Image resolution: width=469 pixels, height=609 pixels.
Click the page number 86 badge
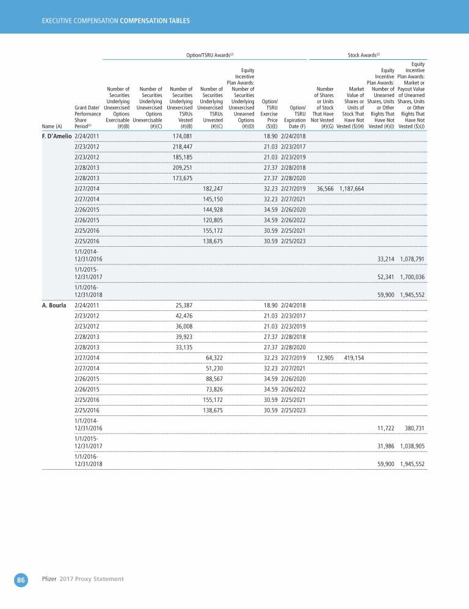[x=21, y=580]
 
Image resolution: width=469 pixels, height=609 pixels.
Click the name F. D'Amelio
[x=57, y=135]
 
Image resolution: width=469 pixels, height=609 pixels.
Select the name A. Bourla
[x=54, y=305]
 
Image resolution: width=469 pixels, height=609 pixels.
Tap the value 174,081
[x=183, y=135]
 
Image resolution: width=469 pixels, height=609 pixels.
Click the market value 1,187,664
[x=352, y=189]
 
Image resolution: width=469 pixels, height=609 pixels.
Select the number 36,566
[x=322, y=189]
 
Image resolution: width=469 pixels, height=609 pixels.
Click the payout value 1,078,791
[x=412, y=259]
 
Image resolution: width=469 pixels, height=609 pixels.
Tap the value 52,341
[x=384, y=276]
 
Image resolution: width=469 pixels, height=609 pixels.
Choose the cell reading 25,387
[x=184, y=305]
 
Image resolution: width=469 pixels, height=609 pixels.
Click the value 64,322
[x=214, y=357]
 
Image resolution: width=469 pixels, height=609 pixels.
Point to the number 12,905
[x=322, y=357]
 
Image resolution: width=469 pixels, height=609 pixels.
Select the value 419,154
[x=354, y=357]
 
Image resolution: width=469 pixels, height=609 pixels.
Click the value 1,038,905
[x=412, y=447]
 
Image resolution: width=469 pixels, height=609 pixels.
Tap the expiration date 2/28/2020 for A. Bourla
[x=293, y=346]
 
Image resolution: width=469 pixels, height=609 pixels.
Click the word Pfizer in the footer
[x=49, y=578]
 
